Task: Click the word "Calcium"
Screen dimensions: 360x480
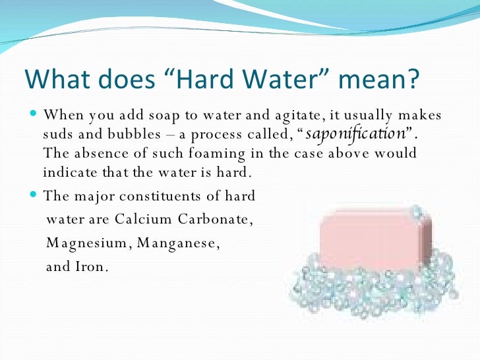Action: (143, 219)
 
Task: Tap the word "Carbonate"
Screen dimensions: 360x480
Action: (213, 219)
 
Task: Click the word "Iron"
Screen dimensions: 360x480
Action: (89, 267)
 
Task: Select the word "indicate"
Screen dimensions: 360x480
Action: (69, 173)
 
